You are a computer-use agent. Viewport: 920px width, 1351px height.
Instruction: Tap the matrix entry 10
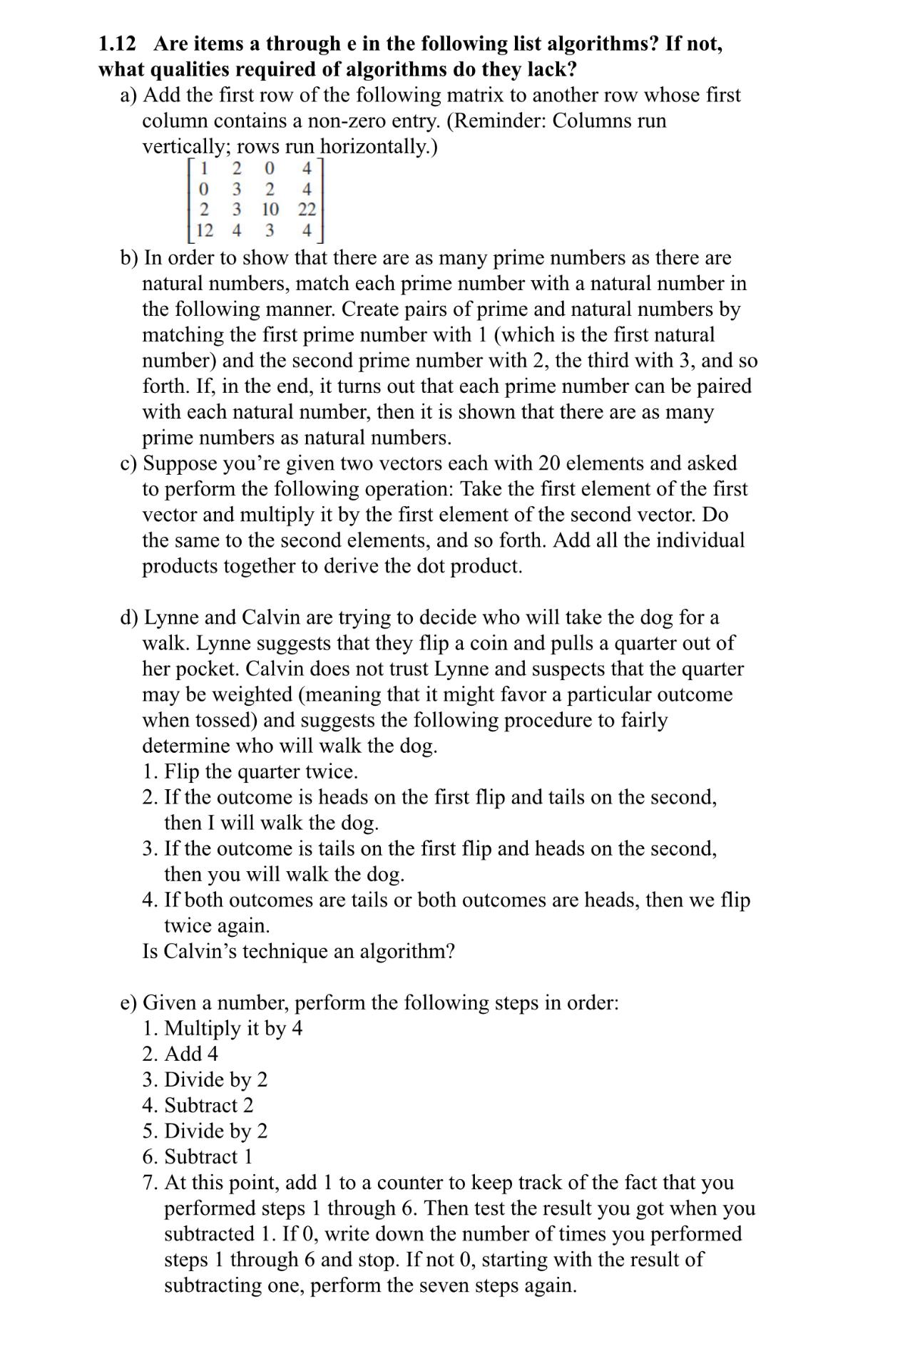pos(270,210)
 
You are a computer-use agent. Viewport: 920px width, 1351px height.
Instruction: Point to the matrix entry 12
pos(204,230)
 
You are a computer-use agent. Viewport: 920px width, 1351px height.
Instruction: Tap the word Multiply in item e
pos(202,1028)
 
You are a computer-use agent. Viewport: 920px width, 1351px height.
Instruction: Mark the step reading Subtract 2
pos(208,1105)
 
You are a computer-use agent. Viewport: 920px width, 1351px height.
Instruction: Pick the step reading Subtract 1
pos(208,1156)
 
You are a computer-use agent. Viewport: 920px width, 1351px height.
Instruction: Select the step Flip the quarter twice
pos(260,771)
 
